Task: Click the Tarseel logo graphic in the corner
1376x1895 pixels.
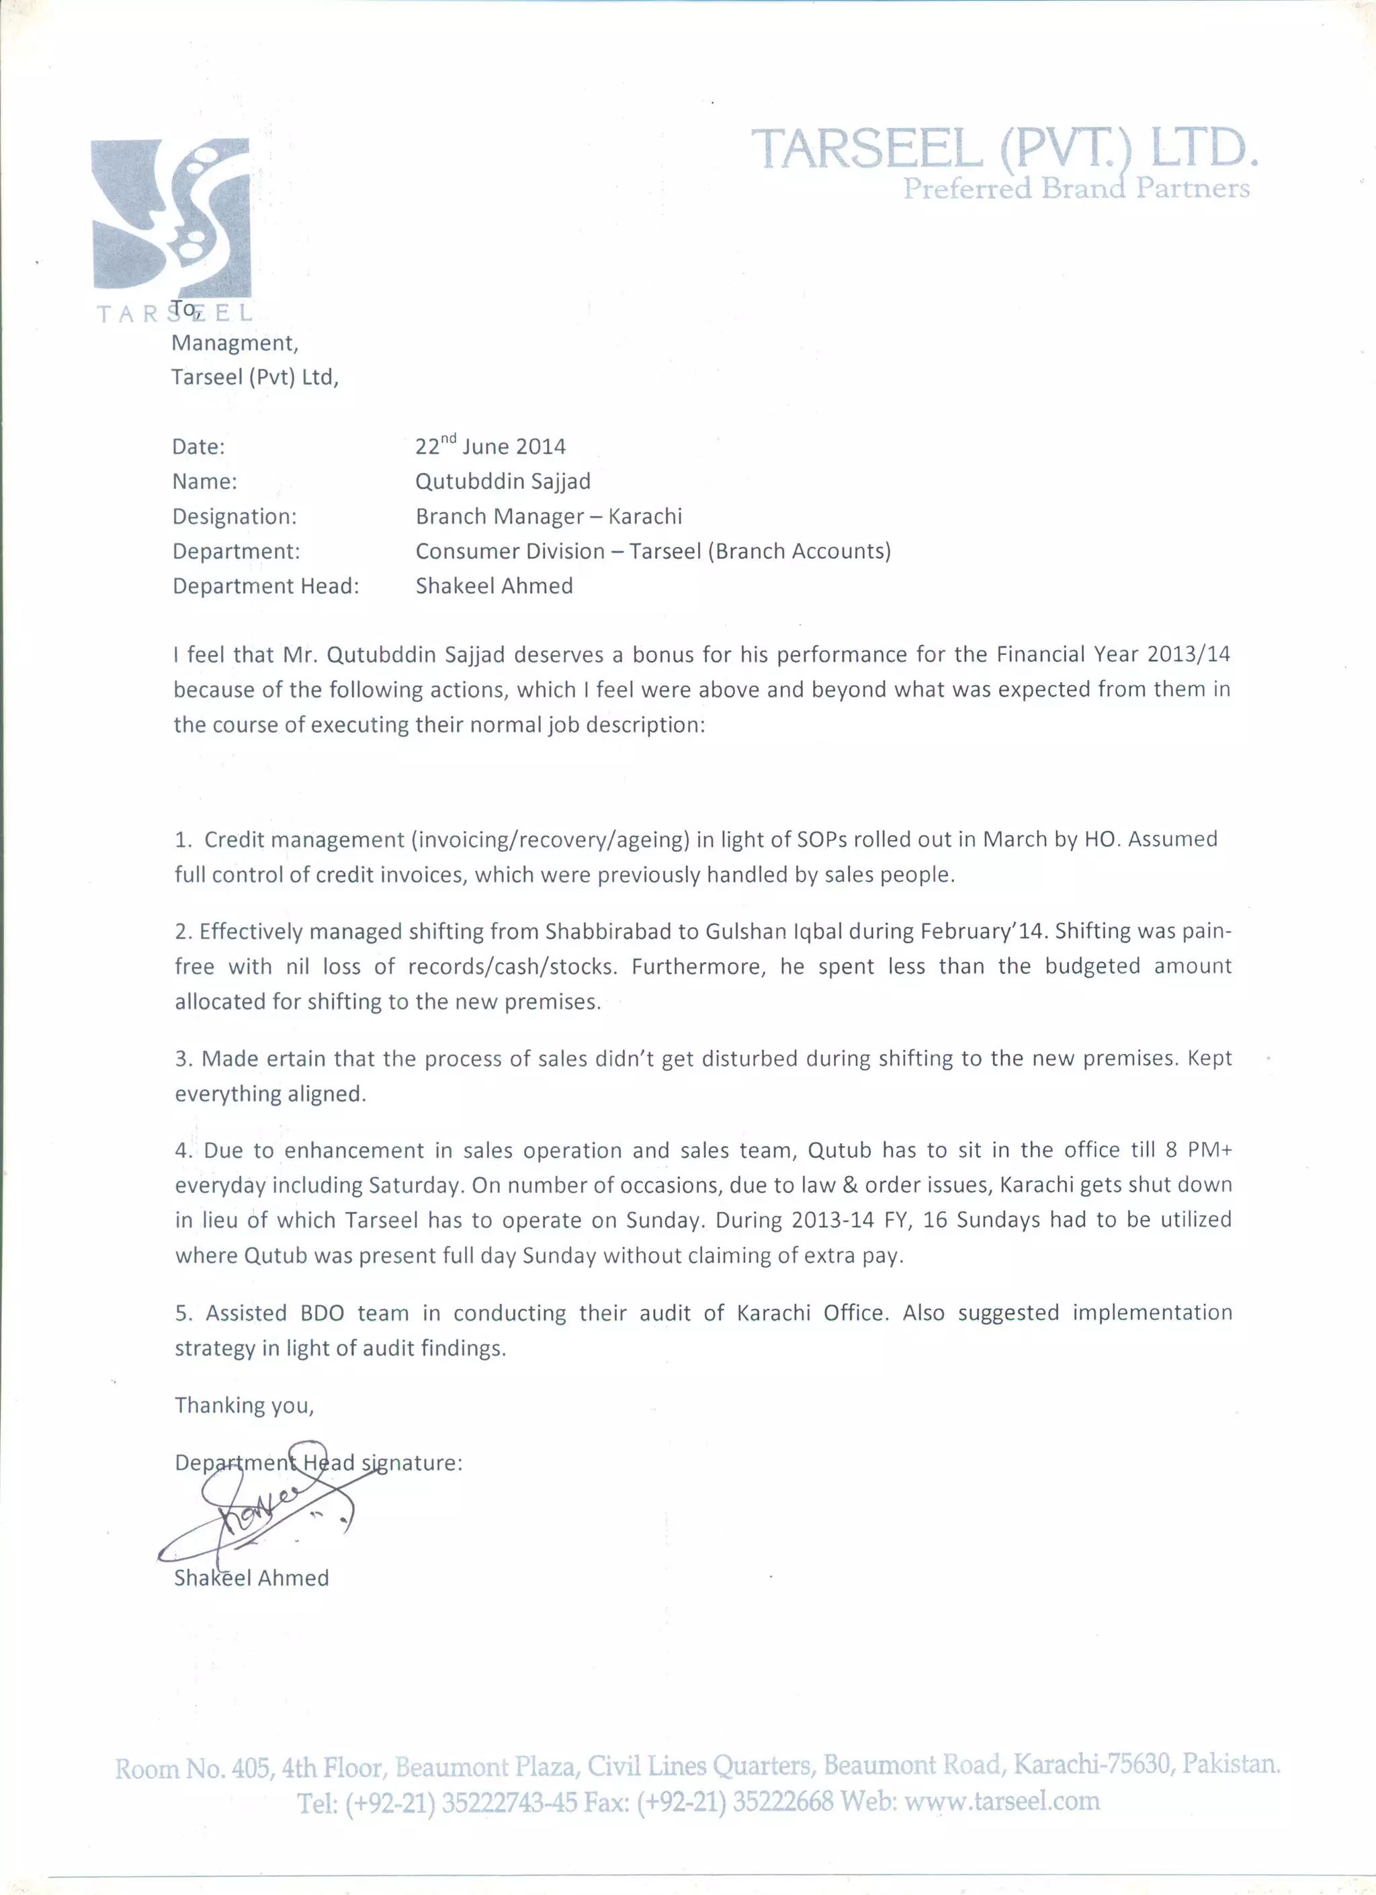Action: click(171, 219)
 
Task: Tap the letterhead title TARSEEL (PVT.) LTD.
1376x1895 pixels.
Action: click(1004, 148)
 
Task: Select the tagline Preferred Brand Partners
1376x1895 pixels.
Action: click(1076, 189)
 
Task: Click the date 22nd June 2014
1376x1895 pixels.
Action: click(490, 445)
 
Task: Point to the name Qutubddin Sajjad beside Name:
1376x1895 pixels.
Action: click(503, 481)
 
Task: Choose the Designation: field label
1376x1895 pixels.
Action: click(234, 517)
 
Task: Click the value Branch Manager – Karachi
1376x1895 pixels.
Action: click(549, 517)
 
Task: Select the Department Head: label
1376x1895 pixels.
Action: click(265, 586)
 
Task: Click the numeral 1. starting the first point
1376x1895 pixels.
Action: click(184, 840)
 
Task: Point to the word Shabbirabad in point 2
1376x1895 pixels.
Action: click(596, 931)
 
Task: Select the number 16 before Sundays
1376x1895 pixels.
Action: click(935, 1220)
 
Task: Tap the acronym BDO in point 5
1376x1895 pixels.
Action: click(322, 1313)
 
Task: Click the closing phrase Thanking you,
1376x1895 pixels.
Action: click(244, 1405)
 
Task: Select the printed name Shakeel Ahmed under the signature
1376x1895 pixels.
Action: click(251, 1579)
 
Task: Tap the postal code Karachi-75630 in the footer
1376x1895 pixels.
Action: click(1091, 1764)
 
